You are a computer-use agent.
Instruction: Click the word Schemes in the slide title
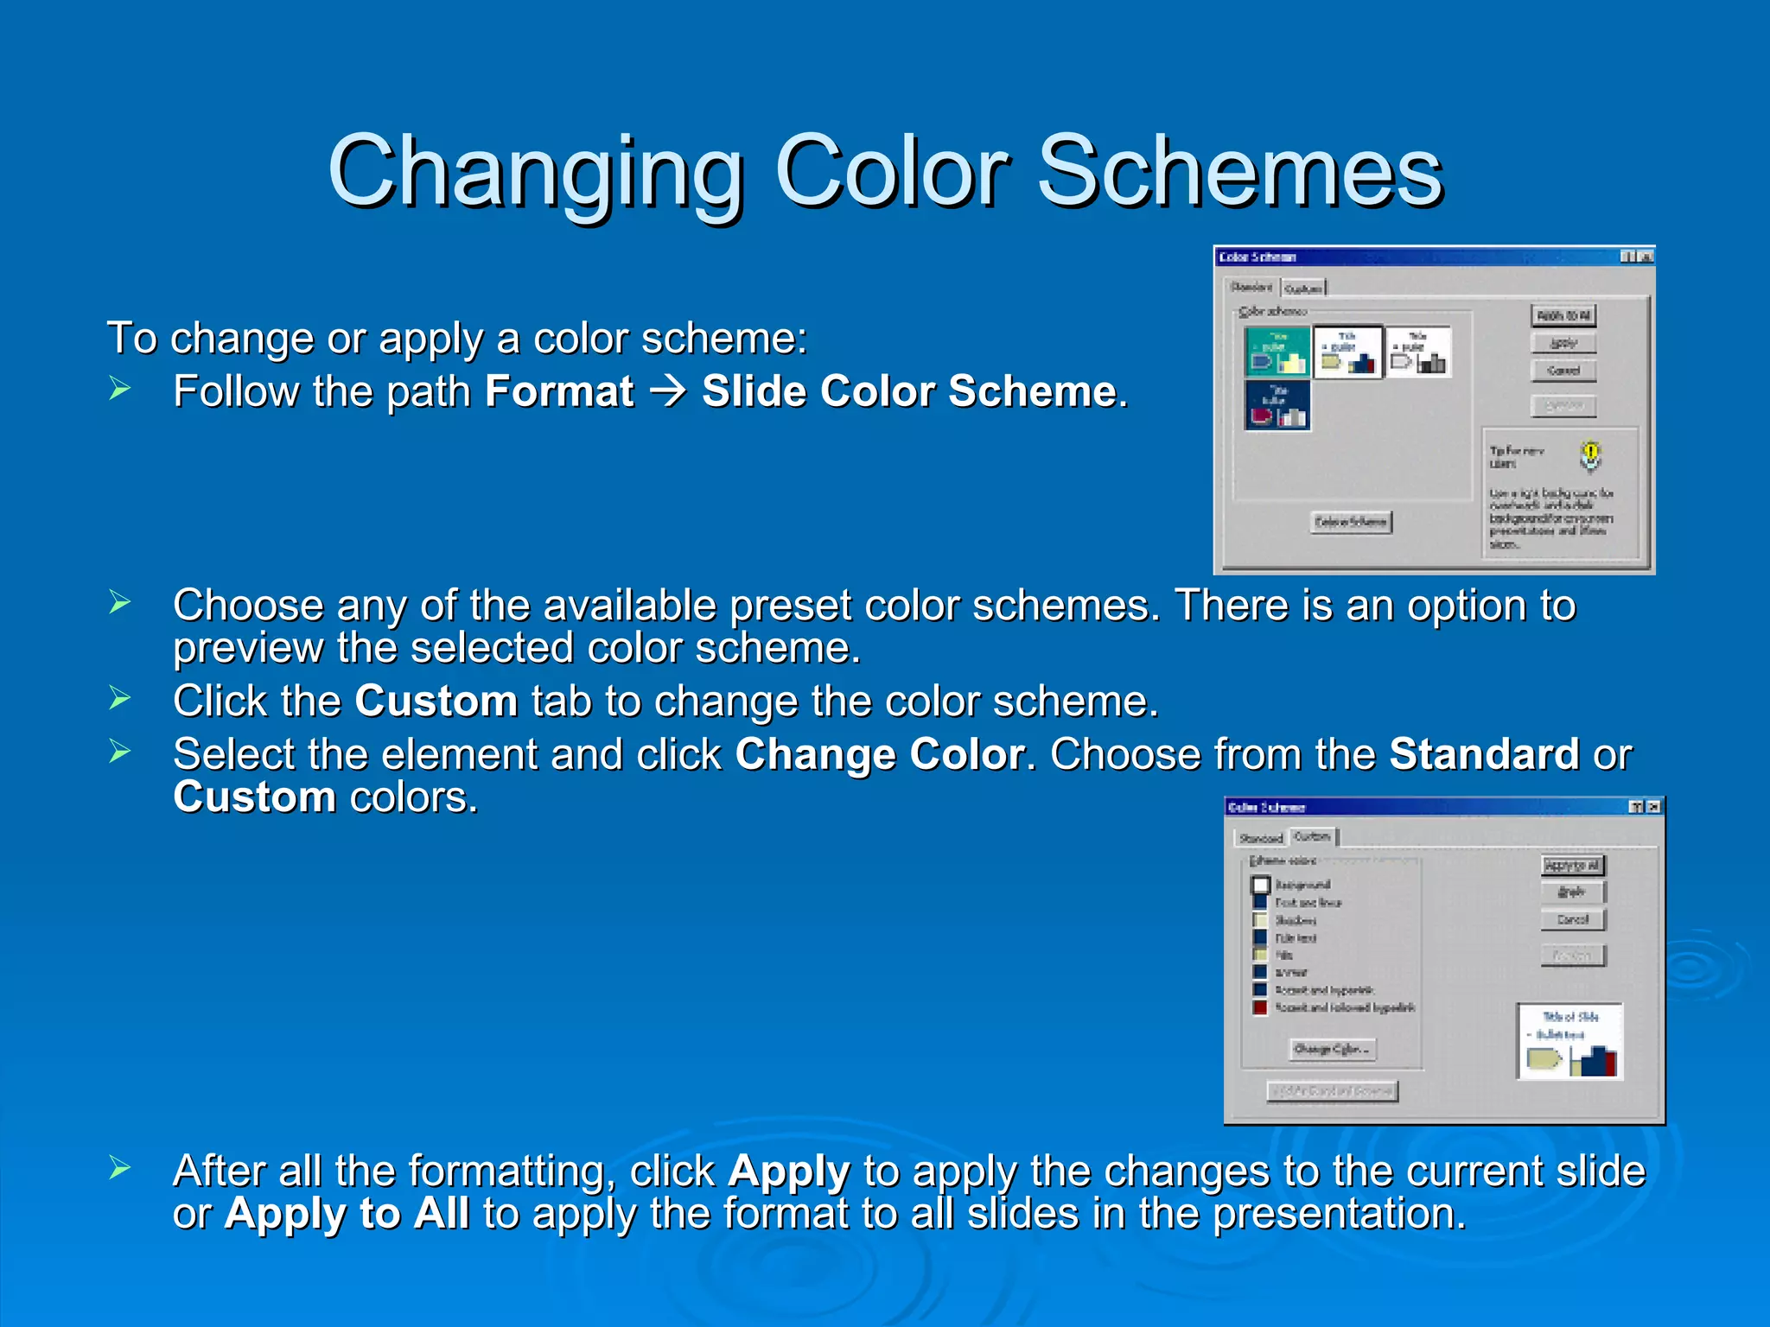coord(1239,173)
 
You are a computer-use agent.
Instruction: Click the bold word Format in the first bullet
coord(559,391)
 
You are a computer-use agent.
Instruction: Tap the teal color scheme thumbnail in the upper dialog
coord(1277,352)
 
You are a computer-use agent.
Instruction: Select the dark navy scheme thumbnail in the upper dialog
coord(1277,405)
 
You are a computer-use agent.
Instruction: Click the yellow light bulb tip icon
coord(1590,454)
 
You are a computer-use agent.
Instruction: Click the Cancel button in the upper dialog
coord(1563,371)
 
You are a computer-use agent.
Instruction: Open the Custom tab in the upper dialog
coord(1302,289)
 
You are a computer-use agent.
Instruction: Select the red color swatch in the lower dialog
coord(1260,1007)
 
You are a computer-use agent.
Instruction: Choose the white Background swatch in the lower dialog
coord(1261,885)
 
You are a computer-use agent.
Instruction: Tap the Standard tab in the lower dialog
coord(1261,838)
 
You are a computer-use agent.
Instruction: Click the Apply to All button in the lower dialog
coord(1572,865)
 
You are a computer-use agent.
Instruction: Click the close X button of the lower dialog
coord(1653,806)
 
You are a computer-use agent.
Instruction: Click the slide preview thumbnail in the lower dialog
coord(1569,1041)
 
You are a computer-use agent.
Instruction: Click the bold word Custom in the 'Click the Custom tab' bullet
coord(436,701)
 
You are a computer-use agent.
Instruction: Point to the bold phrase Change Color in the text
coord(879,754)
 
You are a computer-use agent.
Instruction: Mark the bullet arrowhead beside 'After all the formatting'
coord(119,1169)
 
